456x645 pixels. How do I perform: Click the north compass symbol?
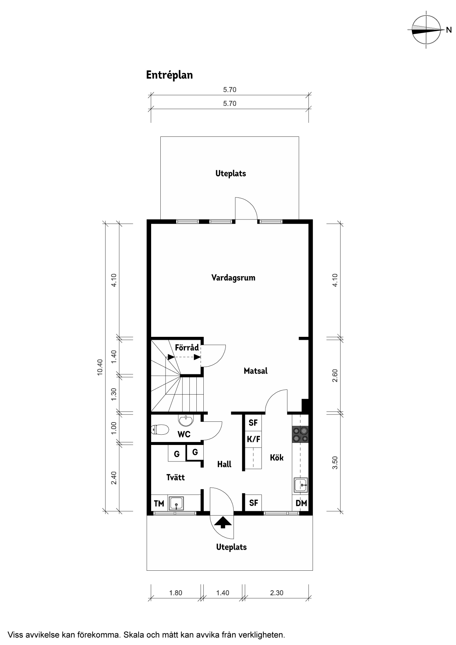click(x=427, y=30)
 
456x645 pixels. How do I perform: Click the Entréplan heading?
click(x=170, y=75)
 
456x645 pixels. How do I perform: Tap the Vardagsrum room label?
click(x=233, y=278)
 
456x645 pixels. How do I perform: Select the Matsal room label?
click(x=256, y=371)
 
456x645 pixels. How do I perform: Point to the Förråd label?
click(x=187, y=347)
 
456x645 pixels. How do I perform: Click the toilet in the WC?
click(x=160, y=429)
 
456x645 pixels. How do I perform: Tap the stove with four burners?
click(x=300, y=434)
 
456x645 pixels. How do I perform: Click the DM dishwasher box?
click(x=301, y=503)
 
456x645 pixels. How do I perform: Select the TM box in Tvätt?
click(x=159, y=503)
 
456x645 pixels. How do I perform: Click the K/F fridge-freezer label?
click(x=253, y=439)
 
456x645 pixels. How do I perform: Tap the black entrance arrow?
click(x=222, y=523)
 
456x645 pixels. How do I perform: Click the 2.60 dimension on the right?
click(x=335, y=375)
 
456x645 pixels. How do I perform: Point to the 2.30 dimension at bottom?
click(x=277, y=593)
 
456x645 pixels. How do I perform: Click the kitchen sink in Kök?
click(x=301, y=485)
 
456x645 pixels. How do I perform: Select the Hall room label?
click(x=224, y=464)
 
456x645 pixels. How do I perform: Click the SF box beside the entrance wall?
click(x=253, y=503)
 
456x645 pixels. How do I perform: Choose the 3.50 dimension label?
click(x=335, y=463)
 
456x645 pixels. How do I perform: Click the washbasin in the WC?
click(x=186, y=419)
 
